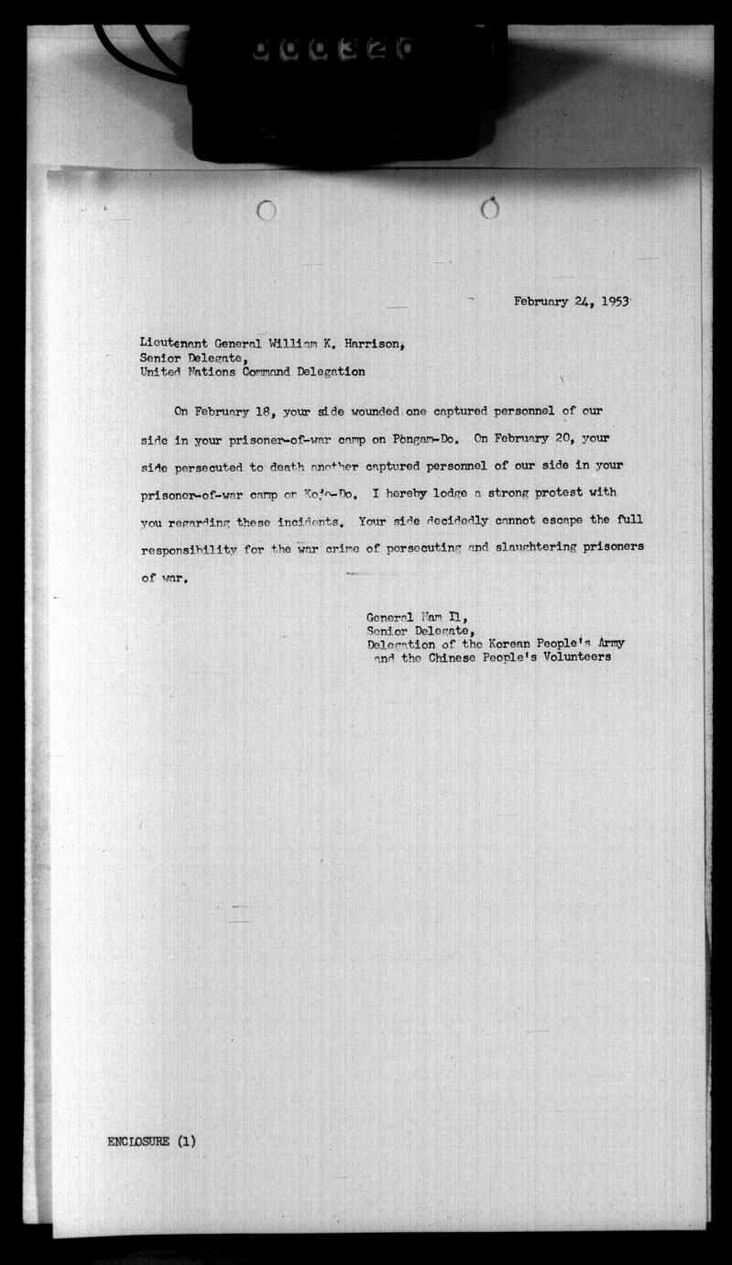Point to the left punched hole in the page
click(x=267, y=211)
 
